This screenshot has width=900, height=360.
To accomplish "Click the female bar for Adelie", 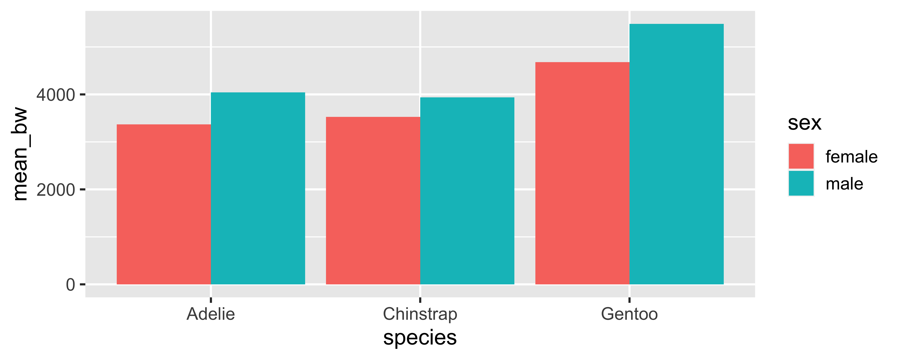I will click(x=163, y=204).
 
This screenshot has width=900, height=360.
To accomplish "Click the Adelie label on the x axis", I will click(x=211, y=314).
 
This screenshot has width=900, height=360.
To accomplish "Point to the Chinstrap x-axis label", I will click(x=420, y=314).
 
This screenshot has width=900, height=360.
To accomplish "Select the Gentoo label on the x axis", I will click(x=629, y=314).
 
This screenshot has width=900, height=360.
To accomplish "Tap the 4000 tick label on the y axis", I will click(x=56, y=95).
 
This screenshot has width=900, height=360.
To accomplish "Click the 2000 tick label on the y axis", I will click(x=56, y=190).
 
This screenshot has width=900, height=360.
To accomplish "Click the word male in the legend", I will click(x=844, y=184).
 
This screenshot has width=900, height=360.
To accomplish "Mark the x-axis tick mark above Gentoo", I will click(x=629, y=300).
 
